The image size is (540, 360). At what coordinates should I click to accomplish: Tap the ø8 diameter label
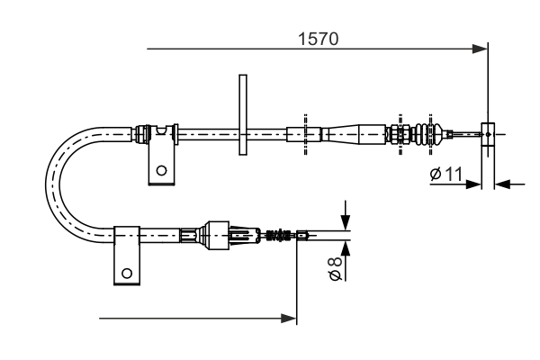tap(334, 268)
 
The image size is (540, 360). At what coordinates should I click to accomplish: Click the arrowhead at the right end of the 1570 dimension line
tap(480, 49)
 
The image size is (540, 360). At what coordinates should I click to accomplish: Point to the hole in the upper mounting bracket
tap(161, 169)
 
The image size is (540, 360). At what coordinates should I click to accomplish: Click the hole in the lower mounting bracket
tap(127, 273)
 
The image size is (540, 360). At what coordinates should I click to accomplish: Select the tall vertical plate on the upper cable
tap(241, 115)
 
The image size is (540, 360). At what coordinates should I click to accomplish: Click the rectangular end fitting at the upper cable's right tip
tap(488, 134)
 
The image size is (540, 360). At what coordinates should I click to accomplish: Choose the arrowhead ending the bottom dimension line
tap(289, 318)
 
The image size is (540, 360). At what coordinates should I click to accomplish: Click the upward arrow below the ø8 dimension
tap(345, 248)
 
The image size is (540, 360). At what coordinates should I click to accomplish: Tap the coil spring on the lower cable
tap(280, 237)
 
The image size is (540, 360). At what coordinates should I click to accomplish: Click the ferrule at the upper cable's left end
tap(141, 134)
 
